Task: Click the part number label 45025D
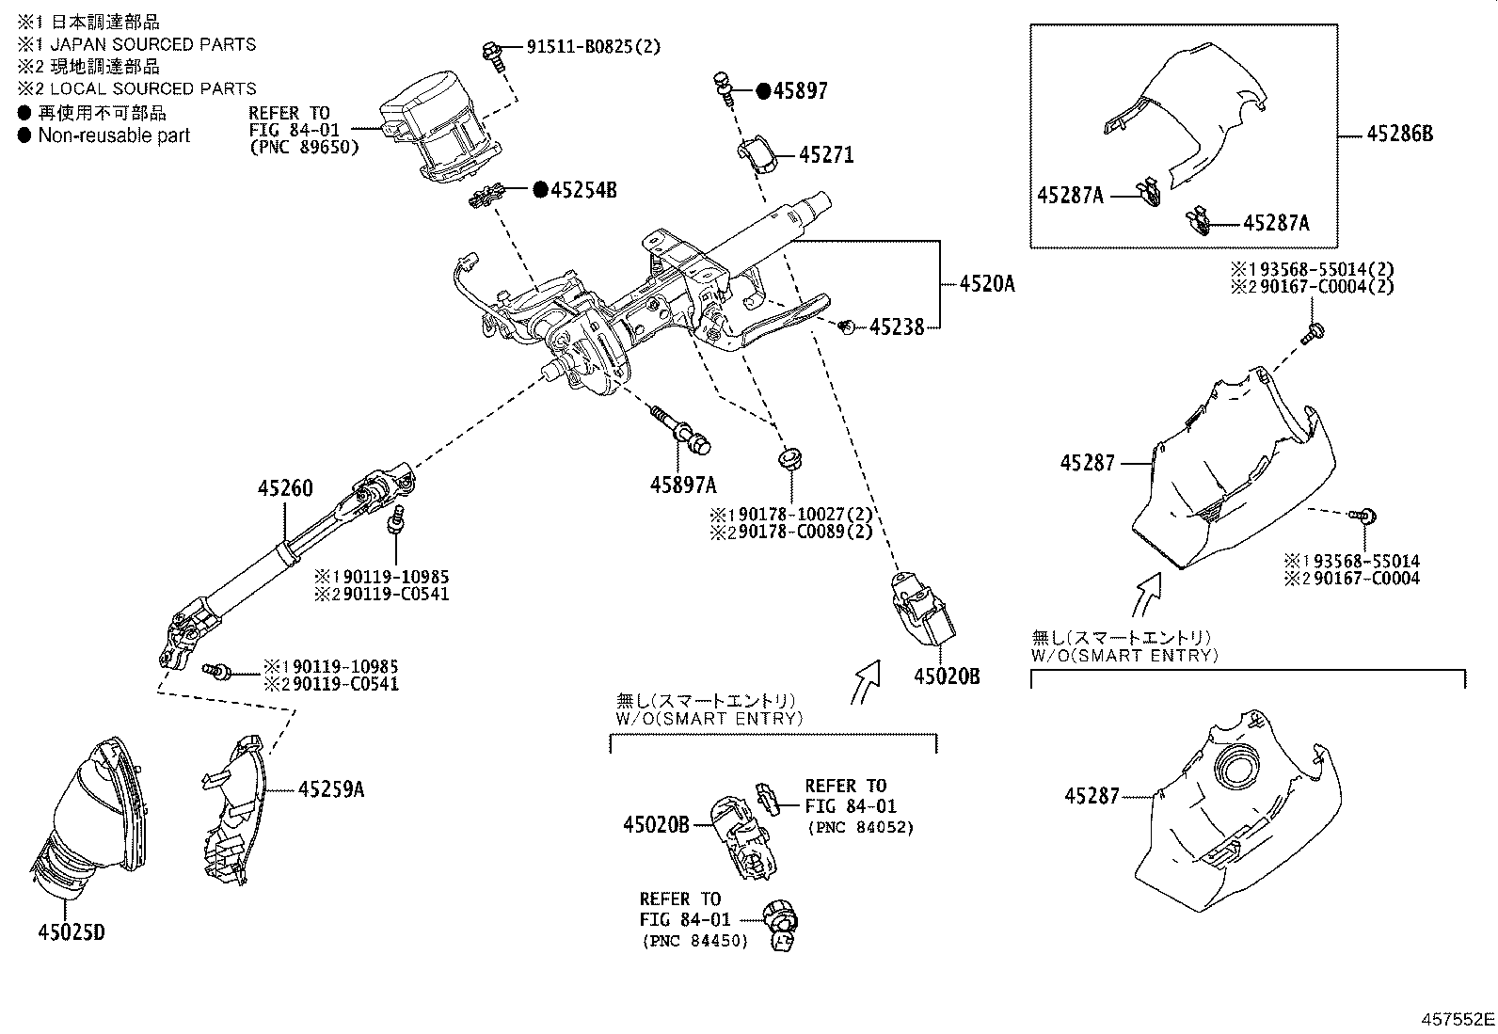click(72, 932)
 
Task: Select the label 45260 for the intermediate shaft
click(286, 488)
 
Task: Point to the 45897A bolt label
click(682, 485)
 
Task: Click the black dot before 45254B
click(540, 190)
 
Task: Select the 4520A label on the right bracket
click(986, 282)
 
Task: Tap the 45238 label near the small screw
click(897, 327)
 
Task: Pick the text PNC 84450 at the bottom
click(694, 941)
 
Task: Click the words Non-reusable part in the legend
click(114, 135)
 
